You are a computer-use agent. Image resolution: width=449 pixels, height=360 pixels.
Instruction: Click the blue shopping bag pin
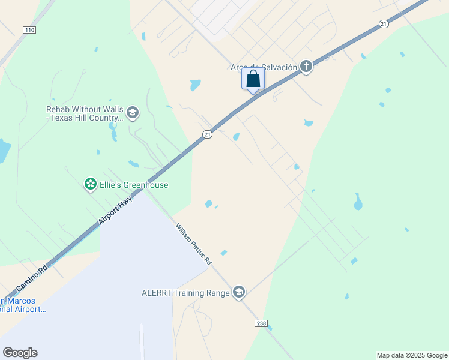(x=253, y=79)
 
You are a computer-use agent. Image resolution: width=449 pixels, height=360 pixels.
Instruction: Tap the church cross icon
(x=306, y=67)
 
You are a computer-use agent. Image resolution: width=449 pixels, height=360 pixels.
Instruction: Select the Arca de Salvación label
(x=264, y=67)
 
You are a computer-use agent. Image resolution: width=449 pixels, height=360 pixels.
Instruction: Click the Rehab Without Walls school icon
(x=133, y=112)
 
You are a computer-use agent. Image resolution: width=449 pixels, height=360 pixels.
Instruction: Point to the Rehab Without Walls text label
(x=85, y=113)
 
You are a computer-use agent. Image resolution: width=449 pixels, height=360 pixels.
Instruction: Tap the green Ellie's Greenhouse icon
(x=91, y=184)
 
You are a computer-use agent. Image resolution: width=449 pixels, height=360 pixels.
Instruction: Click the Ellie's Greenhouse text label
(x=134, y=185)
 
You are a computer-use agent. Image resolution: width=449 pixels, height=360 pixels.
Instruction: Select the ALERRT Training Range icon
(x=239, y=292)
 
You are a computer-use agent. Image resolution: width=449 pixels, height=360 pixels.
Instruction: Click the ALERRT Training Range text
(x=185, y=293)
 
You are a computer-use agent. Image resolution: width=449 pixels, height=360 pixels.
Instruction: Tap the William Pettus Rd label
(x=193, y=244)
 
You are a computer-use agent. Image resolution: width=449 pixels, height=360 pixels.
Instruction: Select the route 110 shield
(x=29, y=29)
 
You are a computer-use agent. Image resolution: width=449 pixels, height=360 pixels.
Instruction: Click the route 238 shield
(x=261, y=323)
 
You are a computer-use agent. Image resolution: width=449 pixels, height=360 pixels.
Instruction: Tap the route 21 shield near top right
(x=384, y=23)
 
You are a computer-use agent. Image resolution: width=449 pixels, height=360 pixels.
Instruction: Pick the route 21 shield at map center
(x=206, y=134)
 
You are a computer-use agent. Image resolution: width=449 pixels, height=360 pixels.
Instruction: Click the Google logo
(x=20, y=353)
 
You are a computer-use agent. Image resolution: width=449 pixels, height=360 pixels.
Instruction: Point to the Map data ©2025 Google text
(x=412, y=355)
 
